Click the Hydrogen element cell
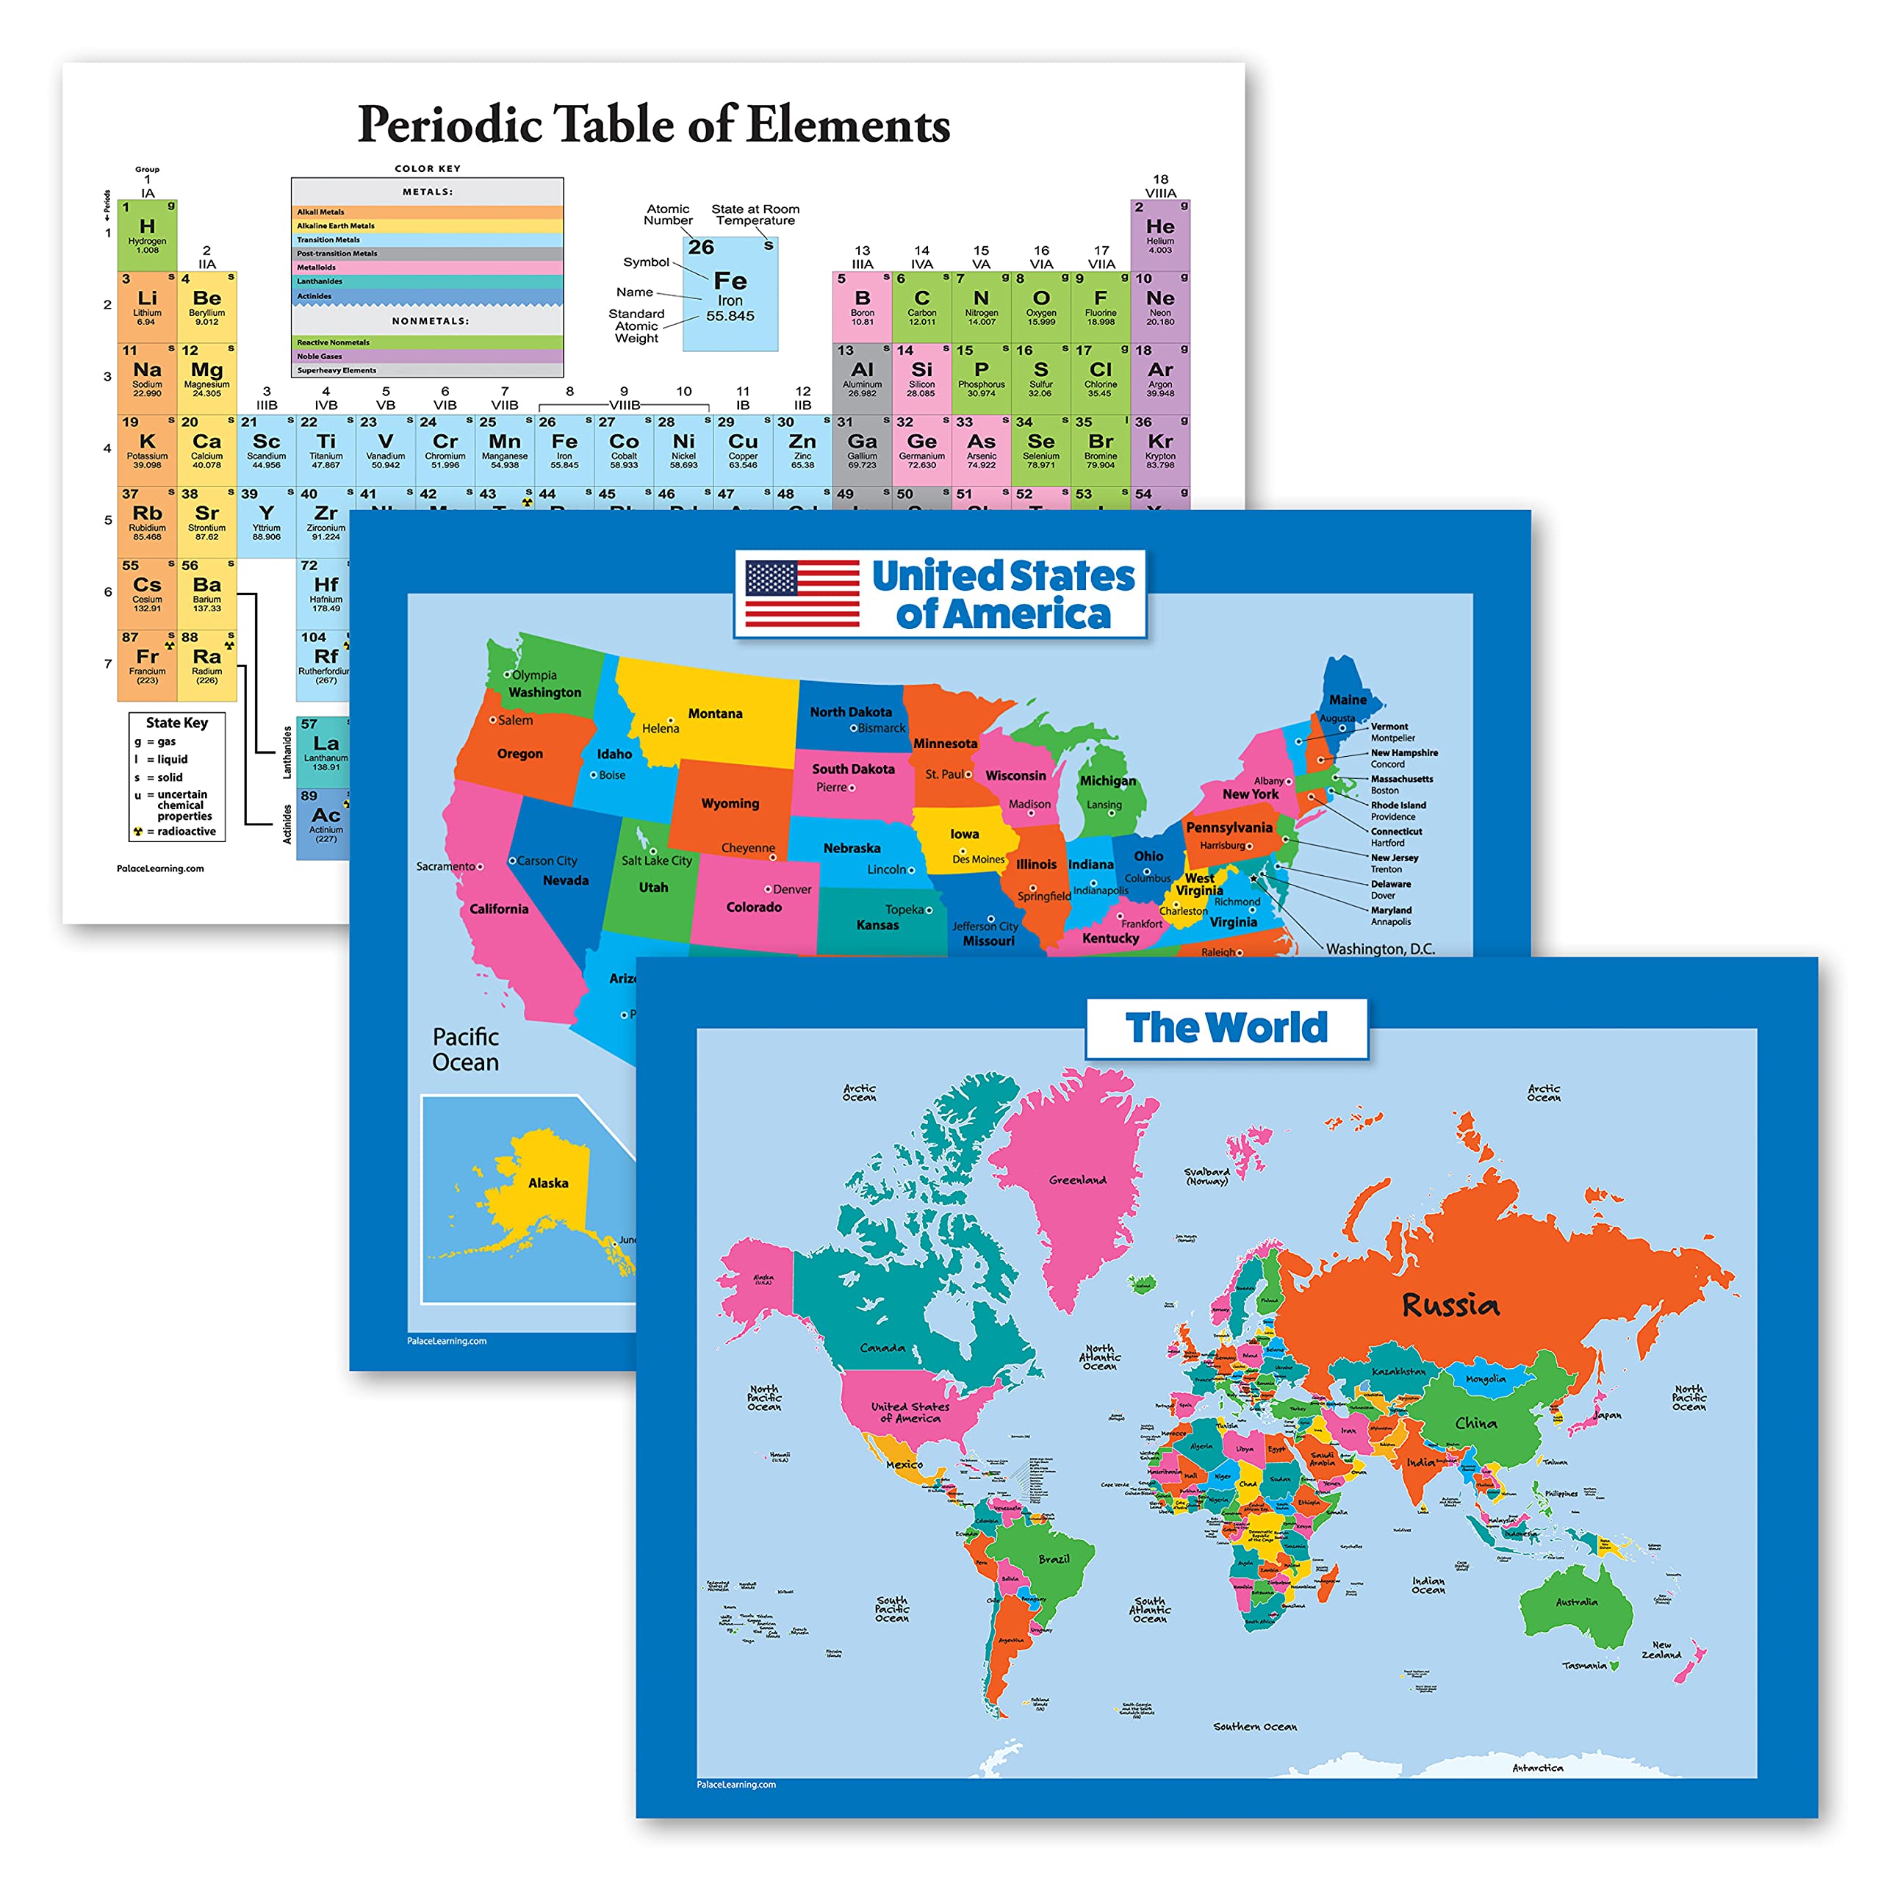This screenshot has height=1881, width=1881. point(147,234)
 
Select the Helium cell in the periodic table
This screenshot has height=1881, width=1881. point(1159,234)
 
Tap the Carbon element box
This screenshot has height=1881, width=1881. point(921,306)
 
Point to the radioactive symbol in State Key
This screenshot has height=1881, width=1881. point(138,832)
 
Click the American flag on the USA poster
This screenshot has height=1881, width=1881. point(802,593)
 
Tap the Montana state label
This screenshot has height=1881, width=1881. point(715,713)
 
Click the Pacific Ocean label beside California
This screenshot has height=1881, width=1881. point(465,1049)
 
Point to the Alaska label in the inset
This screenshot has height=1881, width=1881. point(548,1183)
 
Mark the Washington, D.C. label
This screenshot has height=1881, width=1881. point(1380,949)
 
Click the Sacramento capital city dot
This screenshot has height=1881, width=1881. point(480,866)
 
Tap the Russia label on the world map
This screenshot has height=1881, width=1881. point(1450,1305)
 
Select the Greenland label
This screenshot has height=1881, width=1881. point(1077,1180)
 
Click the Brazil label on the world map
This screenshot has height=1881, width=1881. point(1054,1558)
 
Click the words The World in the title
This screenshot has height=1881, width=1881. point(1226,1028)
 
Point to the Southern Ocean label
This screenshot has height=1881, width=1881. point(1254,1726)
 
